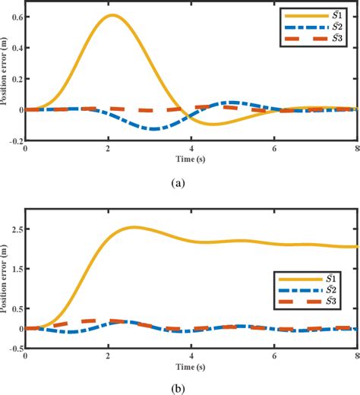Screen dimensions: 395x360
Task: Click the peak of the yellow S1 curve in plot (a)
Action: pyautogui.click(x=112, y=15)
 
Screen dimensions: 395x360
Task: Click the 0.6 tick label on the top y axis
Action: pyautogui.click(x=15, y=16)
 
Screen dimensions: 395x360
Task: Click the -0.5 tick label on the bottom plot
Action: pyautogui.click(x=14, y=349)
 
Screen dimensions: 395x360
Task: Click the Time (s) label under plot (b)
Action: pyautogui.click(x=191, y=368)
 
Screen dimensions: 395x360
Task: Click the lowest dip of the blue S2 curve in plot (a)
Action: pyautogui.click(x=154, y=128)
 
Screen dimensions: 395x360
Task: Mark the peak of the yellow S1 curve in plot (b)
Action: pyautogui.click(x=134, y=227)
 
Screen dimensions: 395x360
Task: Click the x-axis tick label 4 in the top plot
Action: pyautogui.click(x=191, y=149)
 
